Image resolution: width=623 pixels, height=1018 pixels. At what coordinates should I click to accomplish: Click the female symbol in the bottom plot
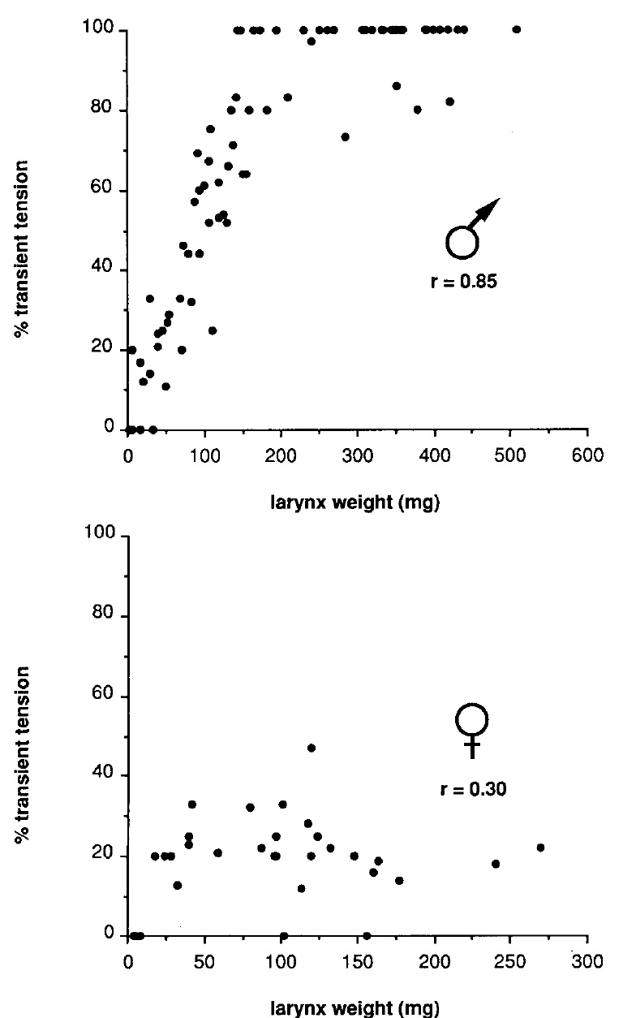pyautogui.click(x=472, y=729)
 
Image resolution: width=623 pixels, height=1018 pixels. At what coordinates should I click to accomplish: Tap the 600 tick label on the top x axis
pyautogui.click(x=587, y=455)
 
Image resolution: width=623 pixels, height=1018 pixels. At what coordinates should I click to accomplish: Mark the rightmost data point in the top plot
pyautogui.click(x=517, y=30)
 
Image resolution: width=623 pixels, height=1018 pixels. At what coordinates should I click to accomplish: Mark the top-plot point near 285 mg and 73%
pyautogui.click(x=345, y=137)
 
